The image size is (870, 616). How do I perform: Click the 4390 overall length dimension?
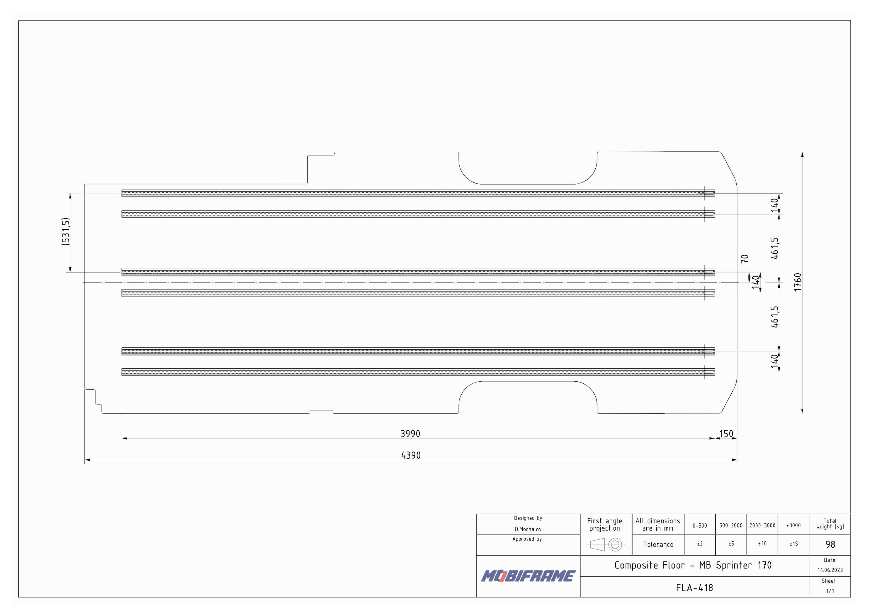pyautogui.click(x=411, y=455)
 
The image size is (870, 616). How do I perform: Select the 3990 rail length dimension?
pyautogui.click(x=410, y=434)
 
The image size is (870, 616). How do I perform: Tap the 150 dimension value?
pyautogui.click(x=726, y=434)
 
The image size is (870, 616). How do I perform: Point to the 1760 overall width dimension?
pyautogui.click(x=798, y=282)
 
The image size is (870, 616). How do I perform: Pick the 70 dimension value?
pyautogui.click(x=745, y=259)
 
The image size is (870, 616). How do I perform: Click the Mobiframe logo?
pyautogui.click(x=528, y=576)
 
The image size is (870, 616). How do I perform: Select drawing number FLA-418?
pyautogui.click(x=694, y=588)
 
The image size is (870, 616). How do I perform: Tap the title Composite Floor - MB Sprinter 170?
pyautogui.click(x=693, y=566)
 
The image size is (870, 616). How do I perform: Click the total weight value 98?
pyautogui.click(x=830, y=545)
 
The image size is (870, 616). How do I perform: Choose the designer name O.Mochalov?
pyautogui.click(x=528, y=529)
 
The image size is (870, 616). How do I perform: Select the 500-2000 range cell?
pyautogui.click(x=730, y=525)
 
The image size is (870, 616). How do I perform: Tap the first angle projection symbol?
pyautogui.click(x=605, y=545)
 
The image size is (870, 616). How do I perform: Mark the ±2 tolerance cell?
pyautogui.click(x=699, y=544)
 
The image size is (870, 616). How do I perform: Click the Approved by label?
pyautogui.click(x=527, y=539)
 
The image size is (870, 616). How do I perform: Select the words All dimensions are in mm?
pyautogui.click(x=658, y=524)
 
